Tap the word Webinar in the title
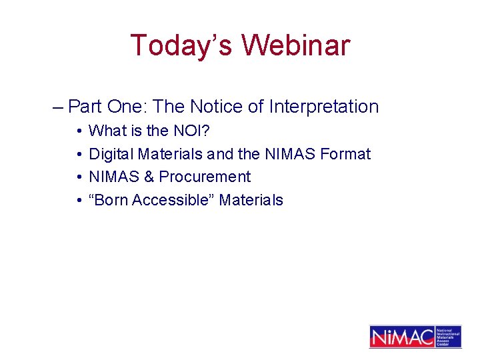(x=295, y=45)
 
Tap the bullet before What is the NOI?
(x=79, y=131)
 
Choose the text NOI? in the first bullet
(x=196, y=131)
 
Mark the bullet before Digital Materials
(x=79, y=154)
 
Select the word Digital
(x=111, y=154)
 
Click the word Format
(x=345, y=154)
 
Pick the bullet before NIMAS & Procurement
(x=79, y=177)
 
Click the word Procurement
(x=205, y=177)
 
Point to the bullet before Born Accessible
(x=79, y=201)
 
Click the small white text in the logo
(x=447, y=337)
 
